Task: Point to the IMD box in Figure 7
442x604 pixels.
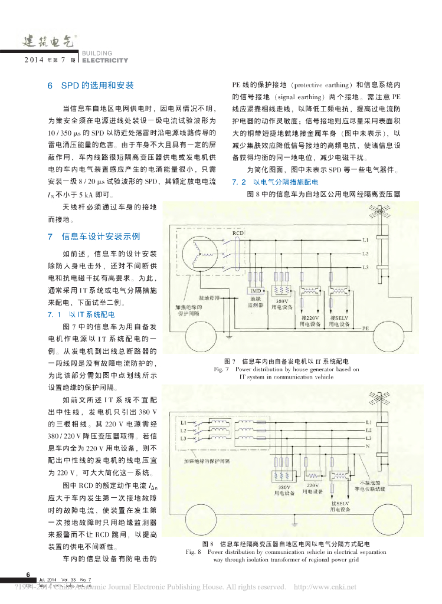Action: click(x=256, y=291)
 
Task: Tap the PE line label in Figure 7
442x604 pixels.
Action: click(x=366, y=328)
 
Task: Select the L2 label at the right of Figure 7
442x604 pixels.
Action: click(x=366, y=254)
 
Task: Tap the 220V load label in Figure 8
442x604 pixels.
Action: click(x=312, y=488)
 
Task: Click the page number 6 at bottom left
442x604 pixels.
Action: click(x=27, y=574)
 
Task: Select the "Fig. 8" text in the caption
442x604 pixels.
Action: click(x=194, y=552)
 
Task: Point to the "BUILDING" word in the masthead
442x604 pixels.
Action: click(x=94, y=53)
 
